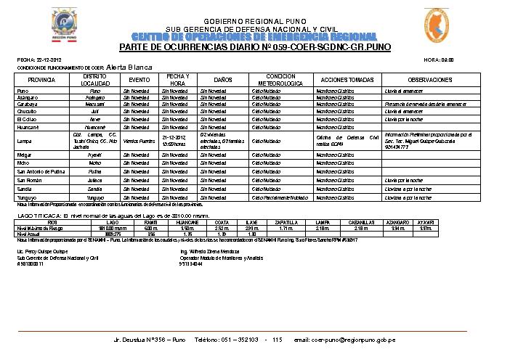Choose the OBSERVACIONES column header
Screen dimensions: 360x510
pos(429,80)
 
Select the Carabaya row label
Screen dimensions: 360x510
pos(28,104)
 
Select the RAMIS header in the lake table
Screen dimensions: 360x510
pos(151,222)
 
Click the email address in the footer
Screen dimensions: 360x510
pos(353,340)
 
